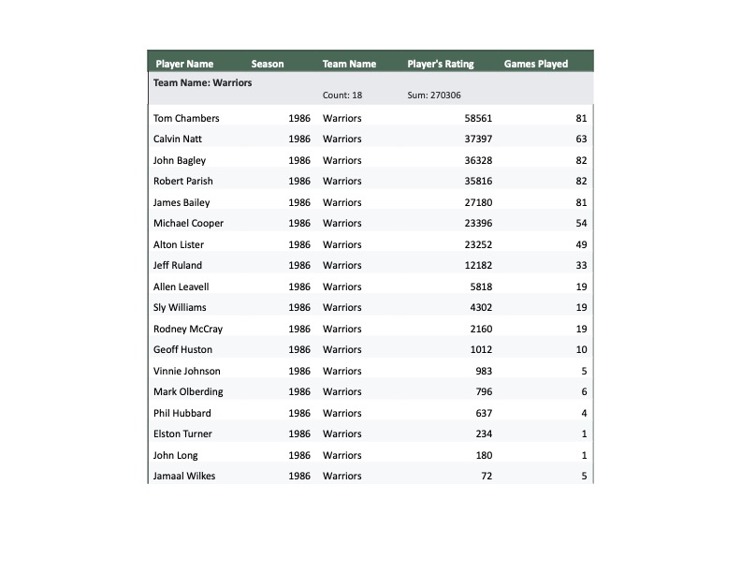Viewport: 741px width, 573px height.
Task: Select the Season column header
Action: [268, 64]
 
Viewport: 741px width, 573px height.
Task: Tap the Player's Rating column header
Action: [441, 64]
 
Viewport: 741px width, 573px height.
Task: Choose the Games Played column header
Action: [536, 64]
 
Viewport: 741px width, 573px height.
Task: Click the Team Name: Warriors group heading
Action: [202, 82]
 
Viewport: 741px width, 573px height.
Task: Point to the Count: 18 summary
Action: [342, 95]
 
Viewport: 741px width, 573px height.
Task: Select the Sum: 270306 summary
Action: [434, 95]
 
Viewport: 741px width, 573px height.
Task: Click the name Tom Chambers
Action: [186, 118]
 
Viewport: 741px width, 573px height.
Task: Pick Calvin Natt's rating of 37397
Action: [478, 139]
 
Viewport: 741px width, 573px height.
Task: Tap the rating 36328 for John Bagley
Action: [478, 160]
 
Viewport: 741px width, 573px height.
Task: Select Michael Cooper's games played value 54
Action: [581, 223]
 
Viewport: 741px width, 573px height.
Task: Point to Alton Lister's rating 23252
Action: [478, 244]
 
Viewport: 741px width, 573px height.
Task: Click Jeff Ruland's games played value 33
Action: [581, 265]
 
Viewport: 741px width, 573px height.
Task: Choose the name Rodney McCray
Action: [188, 329]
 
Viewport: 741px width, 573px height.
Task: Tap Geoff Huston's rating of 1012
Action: [481, 349]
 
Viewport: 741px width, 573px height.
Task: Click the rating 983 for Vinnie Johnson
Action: [484, 371]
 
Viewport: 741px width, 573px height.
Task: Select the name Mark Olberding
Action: [188, 391]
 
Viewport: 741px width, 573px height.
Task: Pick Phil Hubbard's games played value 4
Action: [584, 413]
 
